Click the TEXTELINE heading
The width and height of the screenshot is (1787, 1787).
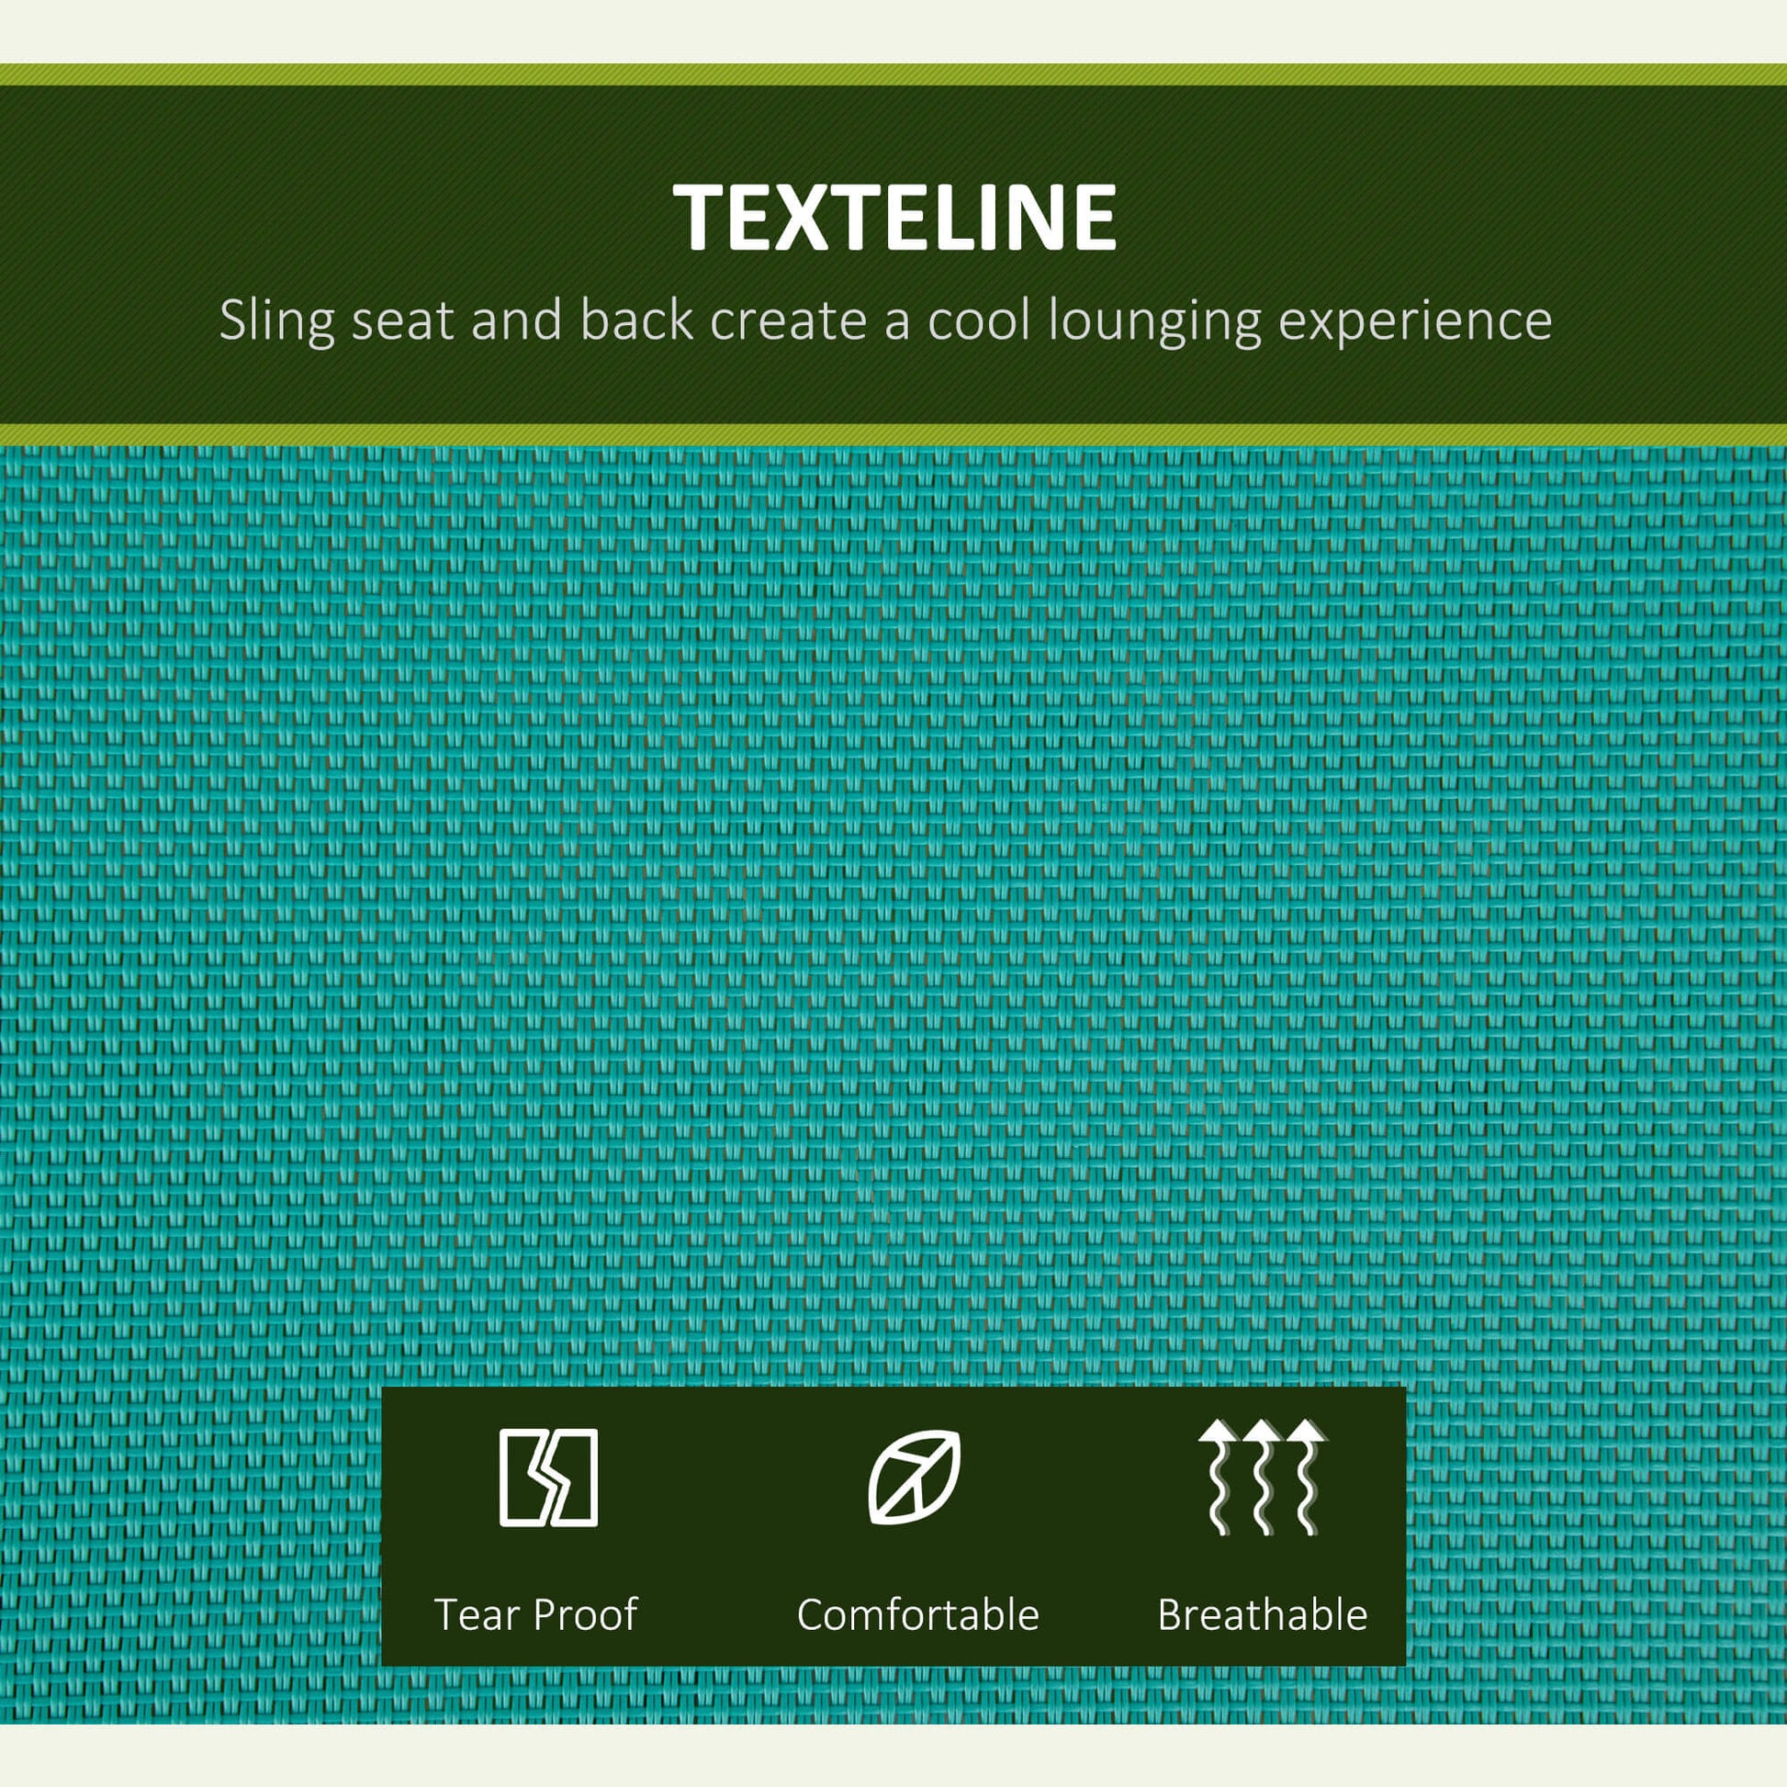click(894, 218)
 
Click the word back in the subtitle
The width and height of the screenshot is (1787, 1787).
click(637, 320)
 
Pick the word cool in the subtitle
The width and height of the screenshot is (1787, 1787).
click(981, 320)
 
